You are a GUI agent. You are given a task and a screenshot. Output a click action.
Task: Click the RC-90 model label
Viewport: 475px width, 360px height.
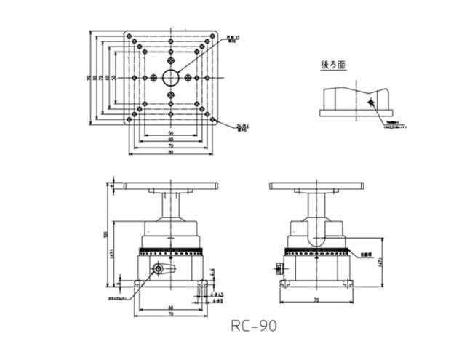click(x=253, y=325)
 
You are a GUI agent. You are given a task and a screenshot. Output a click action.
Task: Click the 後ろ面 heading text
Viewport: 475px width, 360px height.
click(x=334, y=65)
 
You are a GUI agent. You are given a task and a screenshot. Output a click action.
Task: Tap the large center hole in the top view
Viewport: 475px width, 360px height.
click(x=171, y=77)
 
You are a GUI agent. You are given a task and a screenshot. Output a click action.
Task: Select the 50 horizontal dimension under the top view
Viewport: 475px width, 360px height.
click(x=170, y=134)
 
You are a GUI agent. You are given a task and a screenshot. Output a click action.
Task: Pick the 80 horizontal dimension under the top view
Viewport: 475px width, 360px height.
click(x=170, y=153)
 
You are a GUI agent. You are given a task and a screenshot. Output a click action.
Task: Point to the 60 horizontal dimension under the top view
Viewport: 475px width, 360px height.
click(x=170, y=140)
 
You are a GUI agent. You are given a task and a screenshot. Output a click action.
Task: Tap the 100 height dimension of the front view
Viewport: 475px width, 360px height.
click(x=106, y=233)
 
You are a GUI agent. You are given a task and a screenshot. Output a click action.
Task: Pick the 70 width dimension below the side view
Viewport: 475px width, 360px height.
click(x=316, y=299)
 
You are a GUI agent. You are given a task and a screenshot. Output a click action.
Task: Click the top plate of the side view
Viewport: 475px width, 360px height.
click(x=316, y=185)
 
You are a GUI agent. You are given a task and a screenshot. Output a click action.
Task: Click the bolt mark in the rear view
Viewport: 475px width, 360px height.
click(x=370, y=103)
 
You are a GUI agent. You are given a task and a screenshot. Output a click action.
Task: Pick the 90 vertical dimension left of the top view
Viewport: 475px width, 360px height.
click(x=88, y=77)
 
